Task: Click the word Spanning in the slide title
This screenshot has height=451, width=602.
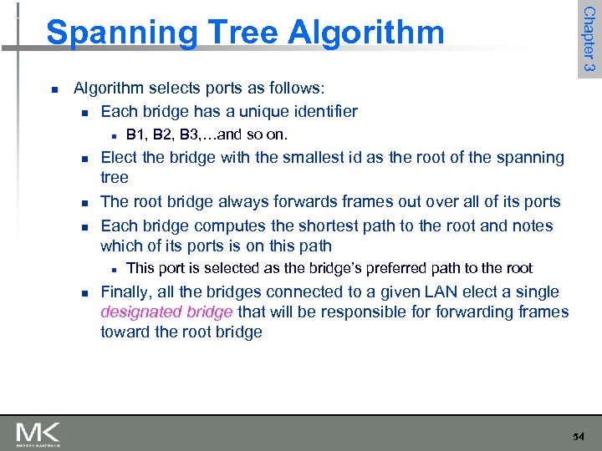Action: (121, 33)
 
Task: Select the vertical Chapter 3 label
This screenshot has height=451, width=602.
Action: (589, 39)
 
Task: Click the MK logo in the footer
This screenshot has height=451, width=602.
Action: (38, 434)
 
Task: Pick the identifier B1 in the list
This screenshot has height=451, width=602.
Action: (135, 135)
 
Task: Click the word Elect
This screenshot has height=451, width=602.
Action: (119, 157)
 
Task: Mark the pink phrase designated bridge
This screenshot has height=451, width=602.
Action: (166, 312)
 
